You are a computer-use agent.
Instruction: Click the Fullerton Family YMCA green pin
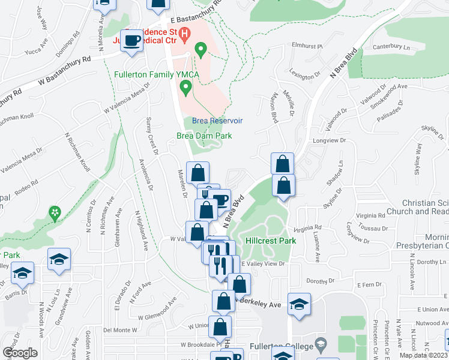pos(186,89)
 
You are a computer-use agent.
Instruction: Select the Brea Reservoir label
pos(217,121)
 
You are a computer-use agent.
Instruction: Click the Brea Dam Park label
pos(204,136)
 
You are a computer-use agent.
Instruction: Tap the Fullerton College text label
pos(283,346)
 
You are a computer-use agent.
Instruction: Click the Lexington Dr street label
pos(306,77)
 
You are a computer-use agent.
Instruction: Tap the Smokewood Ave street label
pos(388,87)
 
